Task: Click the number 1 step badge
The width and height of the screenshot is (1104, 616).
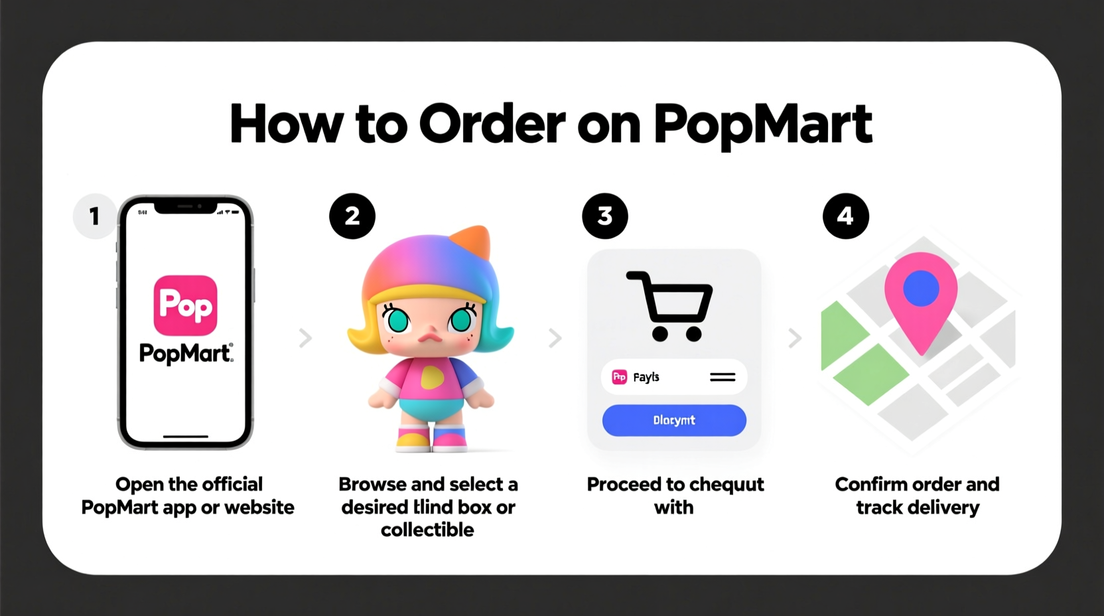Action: pos(95,216)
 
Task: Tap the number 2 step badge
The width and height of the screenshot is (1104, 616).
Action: pos(352,216)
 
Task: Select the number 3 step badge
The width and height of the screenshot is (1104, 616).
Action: pos(604,216)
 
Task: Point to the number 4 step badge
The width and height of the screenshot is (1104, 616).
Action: pos(845,216)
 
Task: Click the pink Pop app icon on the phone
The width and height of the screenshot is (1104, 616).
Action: pos(186,305)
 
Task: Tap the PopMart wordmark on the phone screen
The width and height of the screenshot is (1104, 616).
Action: pos(186,353)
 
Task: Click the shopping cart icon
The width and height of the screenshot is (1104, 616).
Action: pos(670,305)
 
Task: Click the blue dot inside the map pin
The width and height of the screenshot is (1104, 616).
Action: pos(921,288)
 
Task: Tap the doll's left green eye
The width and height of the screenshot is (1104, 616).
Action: pos(398,321)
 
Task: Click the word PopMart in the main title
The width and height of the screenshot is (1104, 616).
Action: pos(762,124)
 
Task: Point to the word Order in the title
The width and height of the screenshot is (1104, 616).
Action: pos(492,124)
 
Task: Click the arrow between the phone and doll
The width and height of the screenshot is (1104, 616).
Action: pos(305,338)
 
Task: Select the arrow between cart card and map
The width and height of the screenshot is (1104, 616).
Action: pos(794,339)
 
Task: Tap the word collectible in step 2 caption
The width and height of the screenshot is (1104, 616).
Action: pos(427,530)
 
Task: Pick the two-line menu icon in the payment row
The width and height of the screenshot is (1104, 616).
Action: pos(723,377)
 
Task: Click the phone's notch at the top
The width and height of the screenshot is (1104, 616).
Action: pos(186,207)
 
